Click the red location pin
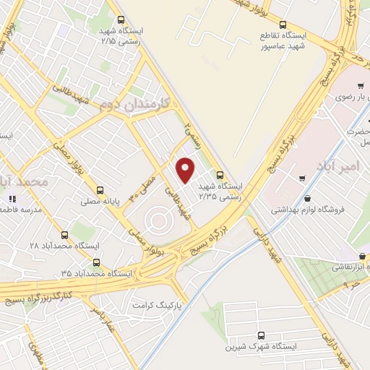coord(186,171)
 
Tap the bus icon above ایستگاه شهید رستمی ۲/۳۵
coord(220,174)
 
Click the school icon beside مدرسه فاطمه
coord(12,199)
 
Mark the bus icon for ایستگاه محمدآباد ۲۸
coord(64,234)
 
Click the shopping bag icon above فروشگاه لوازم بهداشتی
coord(309,198)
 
